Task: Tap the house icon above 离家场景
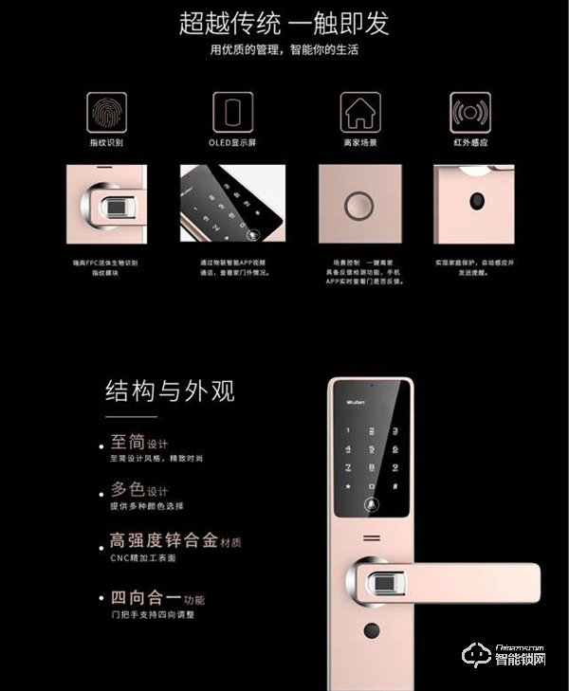pyautogui.click(x=358, y=112)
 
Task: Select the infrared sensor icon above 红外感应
pyautogui.click(x=472, y=112)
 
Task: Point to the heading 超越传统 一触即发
pyautogui.click(x=284, y=23)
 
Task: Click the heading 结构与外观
pyautogui.click(x=170, y=391)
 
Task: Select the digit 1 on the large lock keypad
pyautogui.click(x=347, y=429)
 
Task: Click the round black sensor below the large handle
pyautogui.click(x=371, y=630)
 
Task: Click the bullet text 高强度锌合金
pyautogui.click(x=162, y=541)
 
